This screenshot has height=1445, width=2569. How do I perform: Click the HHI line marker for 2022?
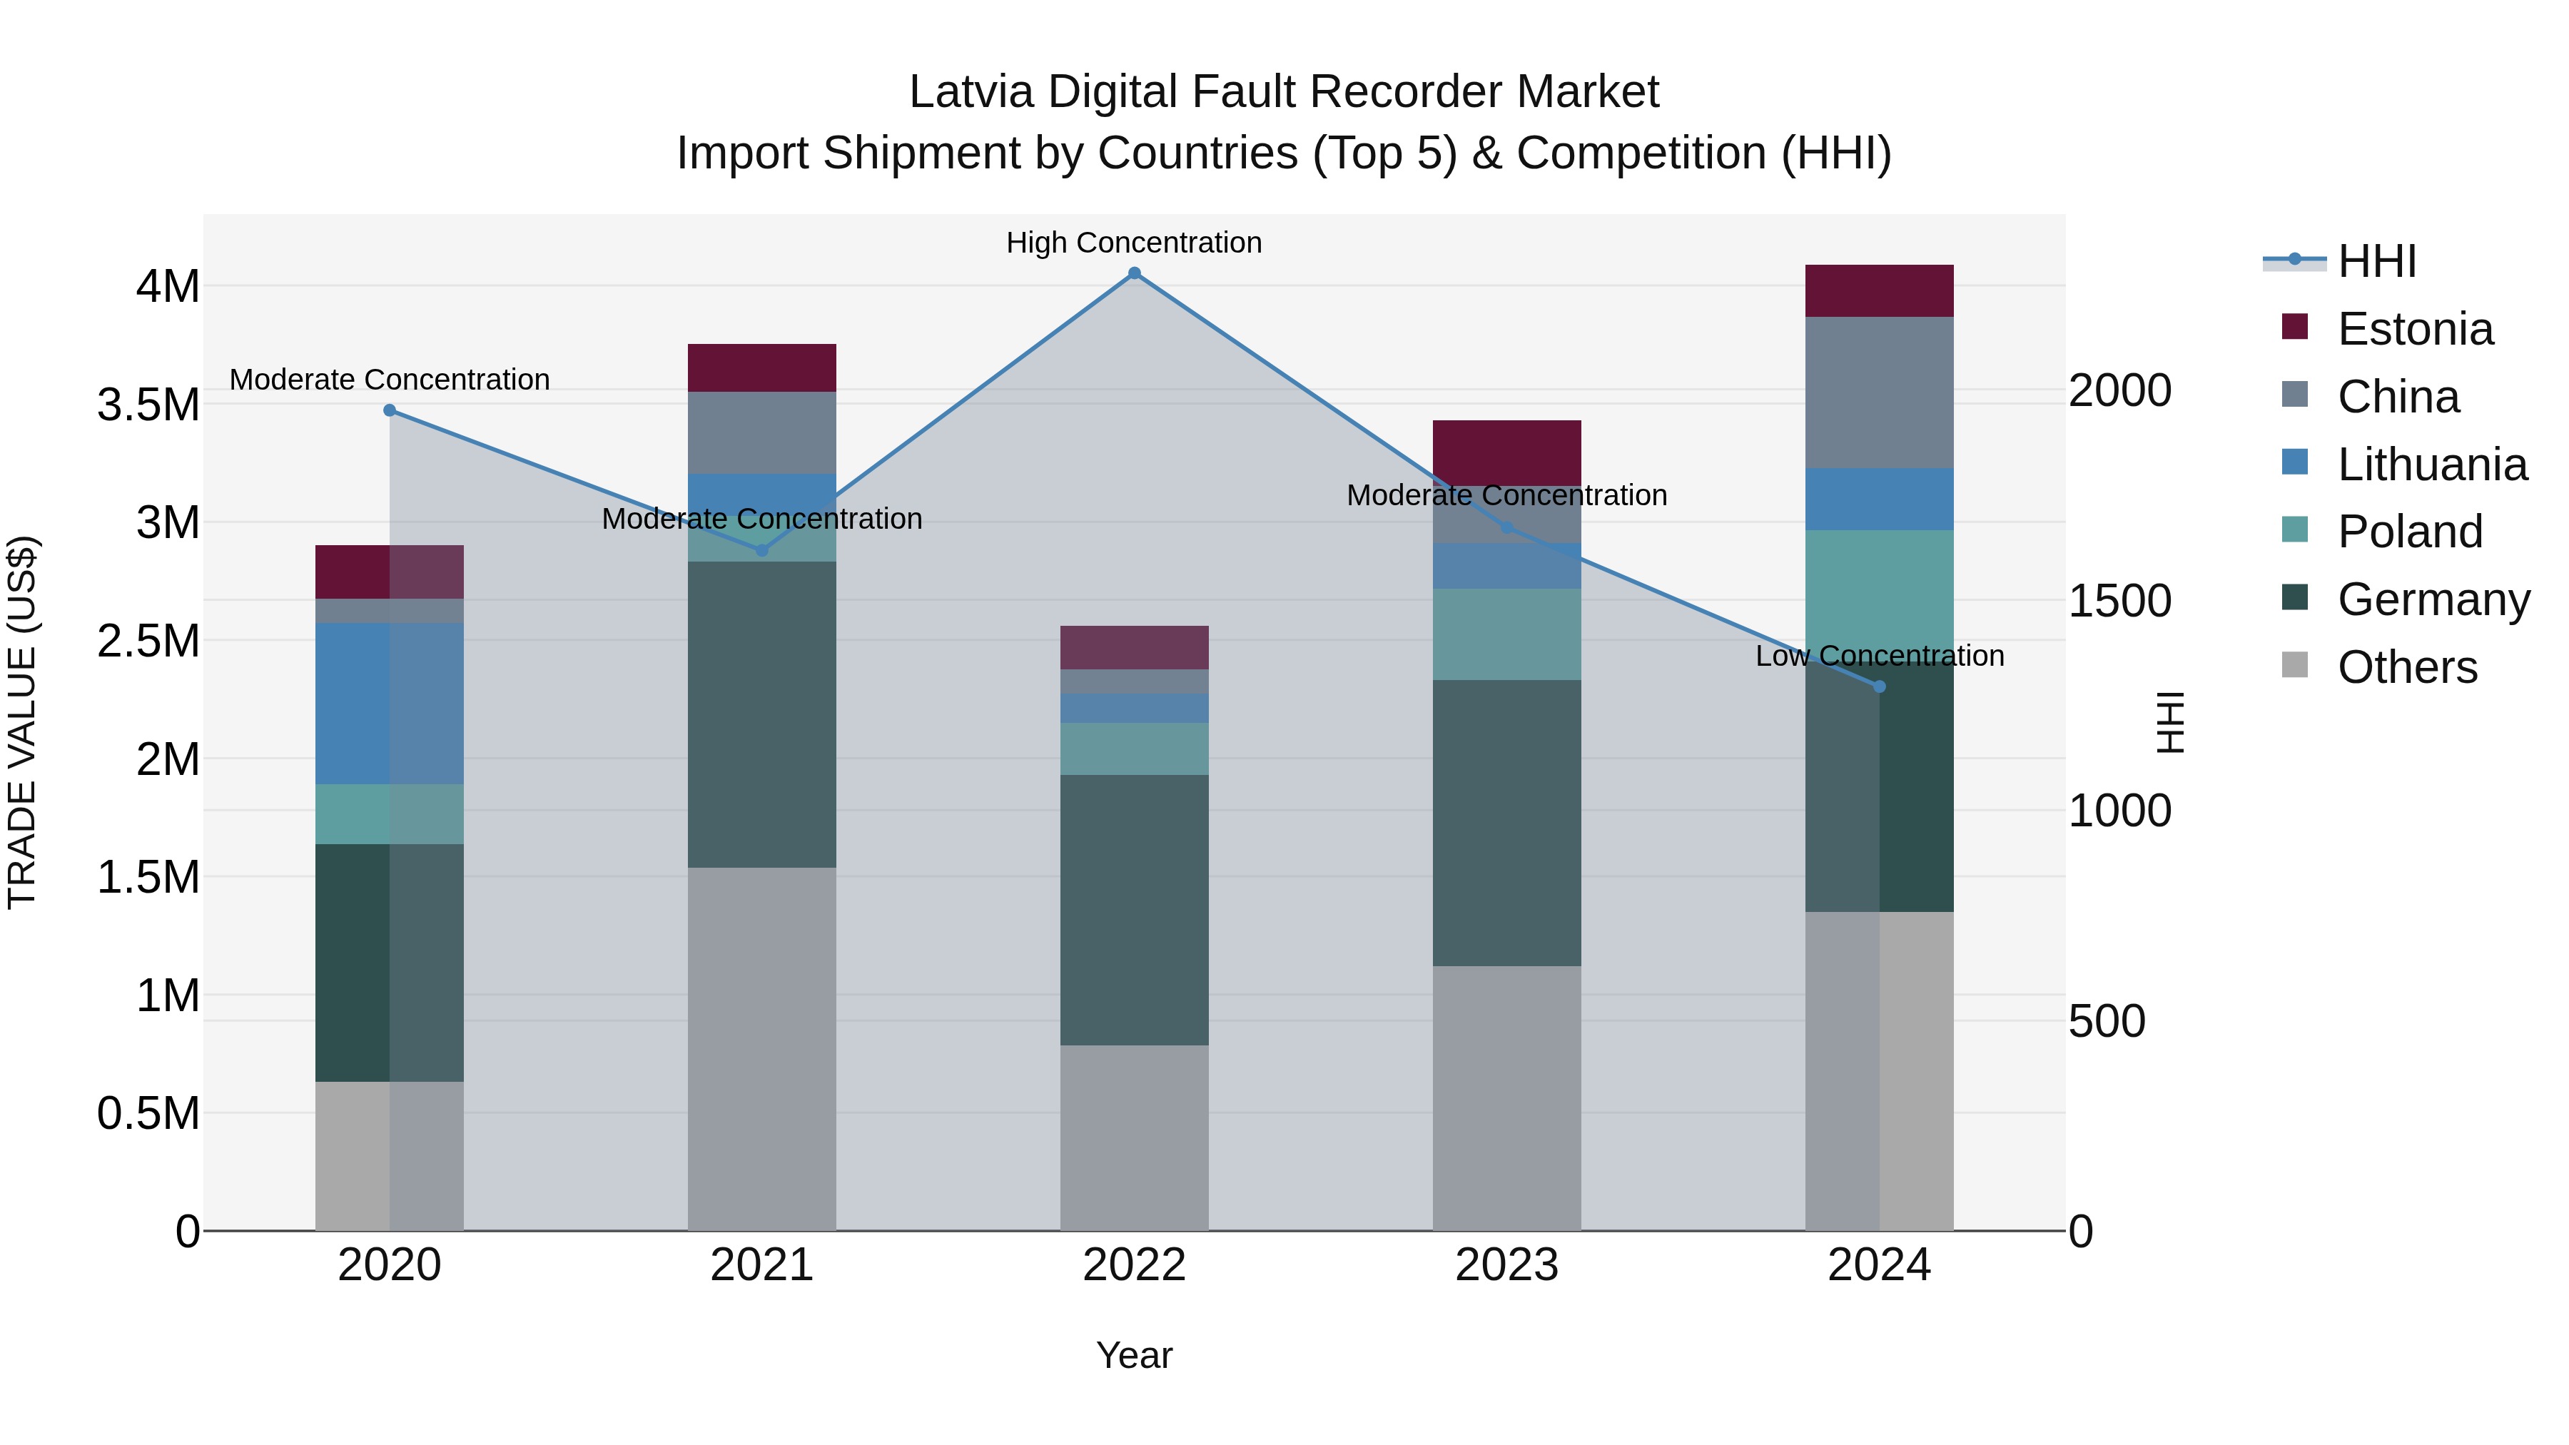click(1134, 273)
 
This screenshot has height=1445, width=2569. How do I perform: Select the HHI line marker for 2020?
click(390, 410)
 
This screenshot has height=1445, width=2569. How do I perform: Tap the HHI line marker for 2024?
click(1879, 686)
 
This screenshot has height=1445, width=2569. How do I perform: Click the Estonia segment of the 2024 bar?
click(1879, 291)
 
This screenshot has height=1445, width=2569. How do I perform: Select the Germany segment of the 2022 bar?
click(1134, 910)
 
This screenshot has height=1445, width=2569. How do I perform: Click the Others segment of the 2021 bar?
click(762, 1048)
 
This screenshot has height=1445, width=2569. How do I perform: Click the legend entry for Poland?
click(2409, 532)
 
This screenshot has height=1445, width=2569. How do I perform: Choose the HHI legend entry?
click(2376, 261)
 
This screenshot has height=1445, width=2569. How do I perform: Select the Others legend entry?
click(2406, 667)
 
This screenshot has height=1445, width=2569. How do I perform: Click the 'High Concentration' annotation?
click(1134, 243)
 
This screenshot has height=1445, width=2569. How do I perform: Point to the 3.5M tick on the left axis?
click(148, 405)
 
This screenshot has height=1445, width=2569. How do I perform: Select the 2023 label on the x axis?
click(1507, 1265)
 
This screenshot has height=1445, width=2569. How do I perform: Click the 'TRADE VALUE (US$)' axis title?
click(22, 722)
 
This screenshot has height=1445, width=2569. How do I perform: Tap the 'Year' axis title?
click(1134, 1355)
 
